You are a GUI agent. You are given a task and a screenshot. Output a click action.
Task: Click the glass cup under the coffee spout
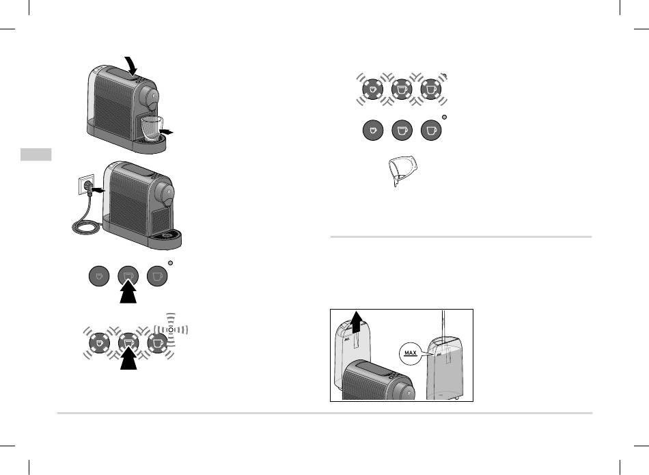[x=152, y=128]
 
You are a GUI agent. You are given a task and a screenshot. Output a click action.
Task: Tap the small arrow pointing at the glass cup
[x=167, y=132]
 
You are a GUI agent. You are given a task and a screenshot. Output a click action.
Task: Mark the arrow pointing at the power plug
[x=98, y=190]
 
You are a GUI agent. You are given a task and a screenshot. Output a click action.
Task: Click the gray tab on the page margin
[x=36, y=154]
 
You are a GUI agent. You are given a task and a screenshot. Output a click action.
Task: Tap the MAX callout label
[x=410, y=353]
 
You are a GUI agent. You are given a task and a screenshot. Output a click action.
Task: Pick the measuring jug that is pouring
[x=402, y=170]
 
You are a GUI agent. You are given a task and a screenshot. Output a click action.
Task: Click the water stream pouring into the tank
[x=443, y=325]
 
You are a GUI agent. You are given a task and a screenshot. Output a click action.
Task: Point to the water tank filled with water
[x=445, y=368]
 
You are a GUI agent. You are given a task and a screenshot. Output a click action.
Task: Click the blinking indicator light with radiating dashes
[x=171, y=329]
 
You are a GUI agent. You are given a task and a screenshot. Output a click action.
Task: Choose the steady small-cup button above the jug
[x=372, y=130]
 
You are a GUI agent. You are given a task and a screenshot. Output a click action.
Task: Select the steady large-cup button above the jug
[x=431, y=130]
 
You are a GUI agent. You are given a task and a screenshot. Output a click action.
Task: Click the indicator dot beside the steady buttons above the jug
[x=445, y=117]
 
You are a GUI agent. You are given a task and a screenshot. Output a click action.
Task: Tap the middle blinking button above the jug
[x=402, y=89]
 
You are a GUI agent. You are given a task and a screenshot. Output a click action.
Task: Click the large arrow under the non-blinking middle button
[x=128, y=292]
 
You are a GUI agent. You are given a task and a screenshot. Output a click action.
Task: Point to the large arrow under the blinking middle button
[x=128, y=358]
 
